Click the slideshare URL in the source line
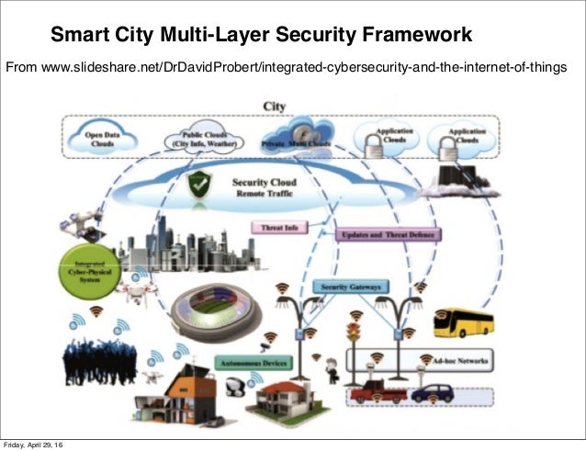[304, 67]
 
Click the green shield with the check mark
[201, 185]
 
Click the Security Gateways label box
[348, 287]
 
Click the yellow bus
[464, 322]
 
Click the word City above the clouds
[274, 107]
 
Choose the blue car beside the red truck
[431, 393]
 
